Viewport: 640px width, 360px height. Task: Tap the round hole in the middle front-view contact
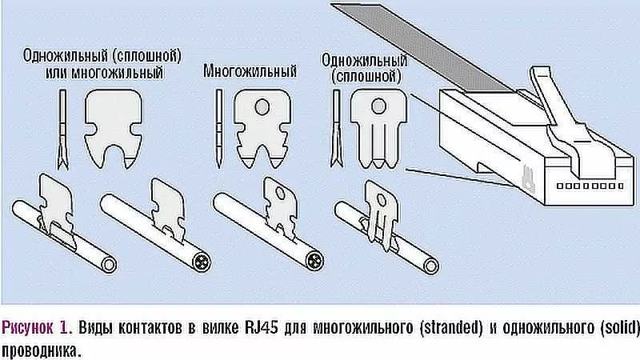click(x=262, y=105)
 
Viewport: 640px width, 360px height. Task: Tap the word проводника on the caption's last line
click(x=40, y=350)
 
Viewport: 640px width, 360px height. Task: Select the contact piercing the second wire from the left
click(x=164, y=207)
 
